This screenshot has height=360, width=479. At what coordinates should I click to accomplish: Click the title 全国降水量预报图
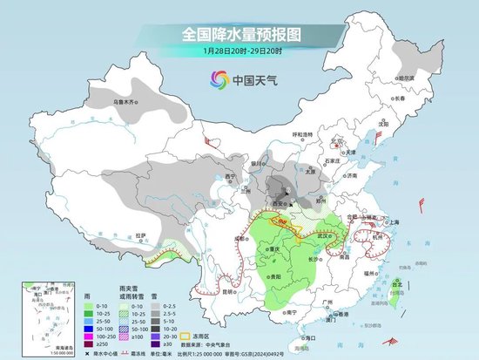click(240, 34)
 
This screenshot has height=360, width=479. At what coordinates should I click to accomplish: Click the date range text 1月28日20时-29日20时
click(240, 51)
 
